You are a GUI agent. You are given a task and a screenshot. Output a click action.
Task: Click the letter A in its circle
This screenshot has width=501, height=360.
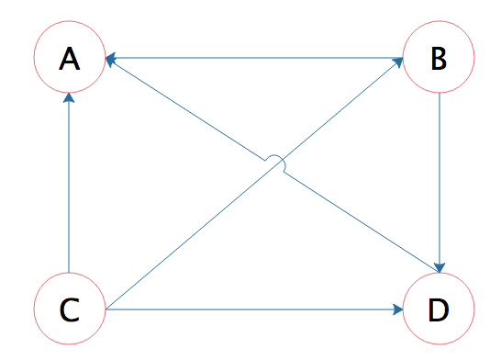pos(70,58)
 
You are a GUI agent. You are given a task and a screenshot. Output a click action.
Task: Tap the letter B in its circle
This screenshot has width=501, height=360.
pos(439,58)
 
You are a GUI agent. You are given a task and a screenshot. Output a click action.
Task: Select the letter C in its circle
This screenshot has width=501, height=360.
pos(70,309)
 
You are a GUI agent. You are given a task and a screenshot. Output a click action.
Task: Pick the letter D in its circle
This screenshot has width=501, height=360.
pos(439,309)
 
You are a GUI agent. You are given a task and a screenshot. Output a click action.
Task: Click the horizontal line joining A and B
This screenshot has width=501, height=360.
pos(254,58)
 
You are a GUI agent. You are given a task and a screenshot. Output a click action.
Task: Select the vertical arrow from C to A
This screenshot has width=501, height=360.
pos(69,183)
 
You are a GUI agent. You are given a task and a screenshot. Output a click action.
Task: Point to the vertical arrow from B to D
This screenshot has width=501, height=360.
pos(440,183)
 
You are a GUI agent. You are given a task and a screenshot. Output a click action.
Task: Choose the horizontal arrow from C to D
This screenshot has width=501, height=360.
pos(254,309)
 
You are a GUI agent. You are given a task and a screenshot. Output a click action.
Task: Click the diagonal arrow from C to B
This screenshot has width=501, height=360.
pos(254,184)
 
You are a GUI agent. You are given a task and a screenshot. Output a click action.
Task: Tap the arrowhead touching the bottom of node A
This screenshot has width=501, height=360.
pos(69,97)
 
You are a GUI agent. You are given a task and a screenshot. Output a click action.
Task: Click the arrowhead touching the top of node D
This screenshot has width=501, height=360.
pos(440,268)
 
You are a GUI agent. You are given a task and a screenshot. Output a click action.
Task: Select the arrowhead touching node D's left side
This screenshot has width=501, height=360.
pos(398,309)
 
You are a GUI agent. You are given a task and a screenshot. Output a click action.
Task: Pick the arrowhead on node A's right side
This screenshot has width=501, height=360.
pos(110,60)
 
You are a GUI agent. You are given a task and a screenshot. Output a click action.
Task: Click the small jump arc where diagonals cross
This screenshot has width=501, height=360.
pos(275,156)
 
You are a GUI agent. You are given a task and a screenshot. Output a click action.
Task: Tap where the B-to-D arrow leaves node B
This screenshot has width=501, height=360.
pos(440,93)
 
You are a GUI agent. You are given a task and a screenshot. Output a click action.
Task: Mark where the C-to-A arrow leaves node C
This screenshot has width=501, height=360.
pos(69,273)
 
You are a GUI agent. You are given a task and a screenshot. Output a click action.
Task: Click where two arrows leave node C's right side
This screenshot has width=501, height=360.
pos(106,309)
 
